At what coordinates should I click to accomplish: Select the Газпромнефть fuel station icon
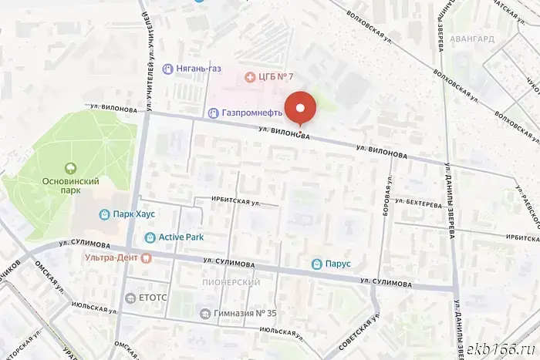(x=213, y=113)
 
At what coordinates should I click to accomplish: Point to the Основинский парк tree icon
(x=69, y=167)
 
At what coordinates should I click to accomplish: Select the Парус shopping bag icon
(x=316, y=264)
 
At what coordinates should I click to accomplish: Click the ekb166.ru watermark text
(x=501, y=347)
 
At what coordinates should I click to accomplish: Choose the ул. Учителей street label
(x=154, y=58)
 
